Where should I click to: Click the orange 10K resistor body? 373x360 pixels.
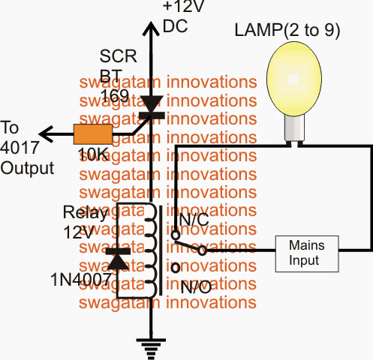coord(93,134)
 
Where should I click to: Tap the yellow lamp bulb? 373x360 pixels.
coord(294,79)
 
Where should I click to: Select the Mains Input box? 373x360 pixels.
coord(307,253)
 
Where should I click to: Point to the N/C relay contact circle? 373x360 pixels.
coord(176,235)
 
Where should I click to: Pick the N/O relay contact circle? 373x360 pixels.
coord(176,268)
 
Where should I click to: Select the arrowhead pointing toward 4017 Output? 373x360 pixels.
coord(47,134)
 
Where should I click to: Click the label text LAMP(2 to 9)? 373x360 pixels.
coord(287,31)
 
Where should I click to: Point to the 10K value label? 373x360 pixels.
coord(93,154)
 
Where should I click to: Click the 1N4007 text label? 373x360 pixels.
coord(81,279)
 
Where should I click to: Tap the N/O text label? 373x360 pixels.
coord(196,287)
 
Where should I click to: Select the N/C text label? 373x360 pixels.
coord(194,220)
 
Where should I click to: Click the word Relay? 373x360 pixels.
coord(86,213)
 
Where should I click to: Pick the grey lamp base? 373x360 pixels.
coord(294,129)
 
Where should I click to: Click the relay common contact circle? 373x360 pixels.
coord(202,250)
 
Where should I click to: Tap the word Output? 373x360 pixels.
coord(27,168)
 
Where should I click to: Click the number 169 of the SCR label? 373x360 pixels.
coord(115,95)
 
